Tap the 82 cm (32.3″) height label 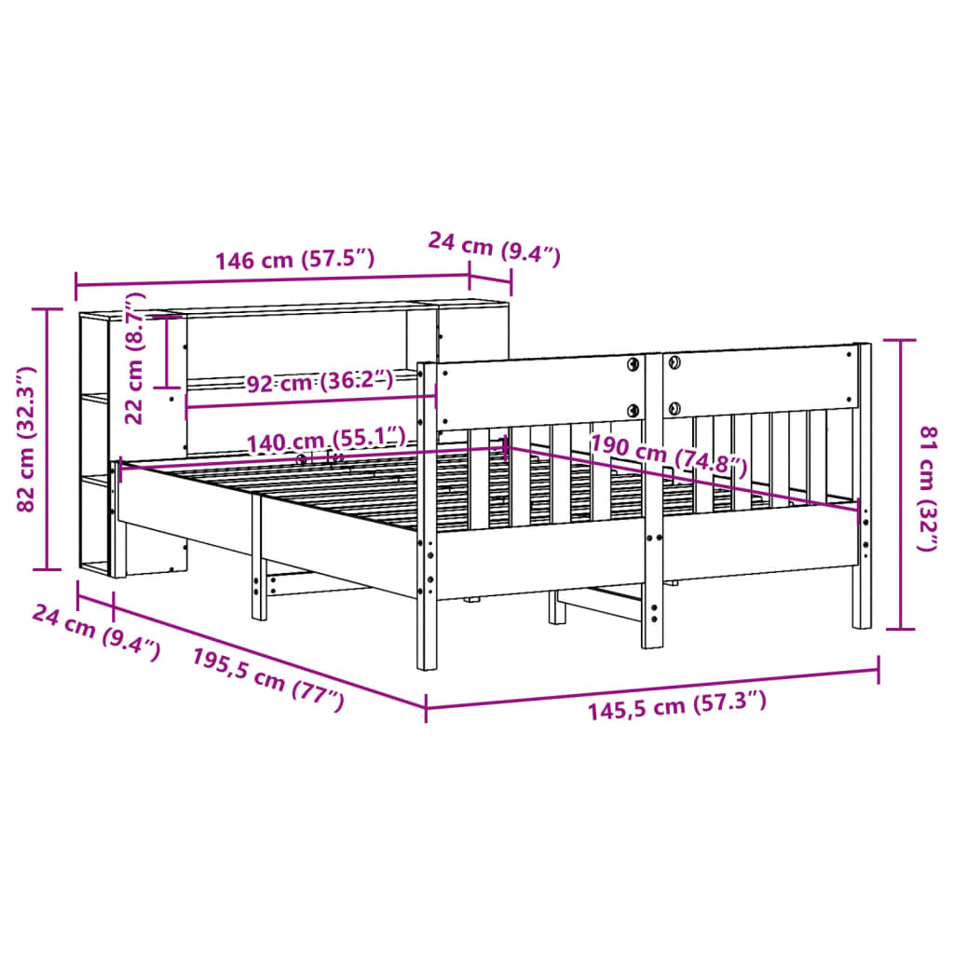pyautogui.click(x=27, y=438)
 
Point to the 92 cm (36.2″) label pyautogui.click(x=320, y=382)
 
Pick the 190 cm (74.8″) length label pyautogui.click(x=669, y=454)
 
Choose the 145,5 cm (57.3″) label pyautogui.click(x=676, y=707)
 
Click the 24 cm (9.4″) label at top pyautogui.click(x=494, y=248)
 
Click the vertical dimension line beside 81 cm pyautogui.click(x=900, y=484)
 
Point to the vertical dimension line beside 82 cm pyautogui.click(x=47, y=438)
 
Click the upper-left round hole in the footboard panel pyautogui.click(x=633, y=363)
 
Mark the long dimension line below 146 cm pyautogui.click(x=270, y=280)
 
